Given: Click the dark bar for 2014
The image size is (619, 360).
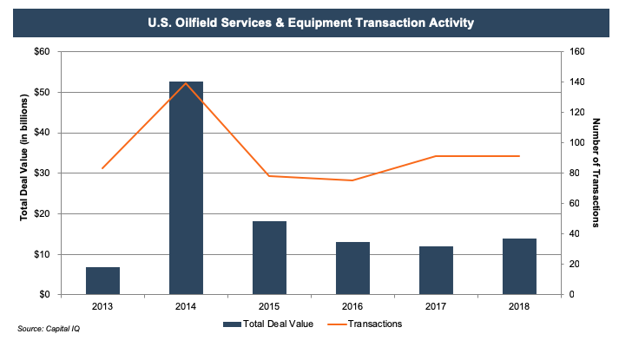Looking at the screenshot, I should [x=186, y=188].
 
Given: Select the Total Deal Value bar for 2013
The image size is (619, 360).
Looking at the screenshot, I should [x=102, y=281].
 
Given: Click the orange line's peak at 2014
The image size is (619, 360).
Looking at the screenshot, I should [x=186, y=83].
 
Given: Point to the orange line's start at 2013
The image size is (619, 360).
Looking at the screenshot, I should [x=102, y=168].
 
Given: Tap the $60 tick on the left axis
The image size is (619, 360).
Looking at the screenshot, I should [x=41, y=52].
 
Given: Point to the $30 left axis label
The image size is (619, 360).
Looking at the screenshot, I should [x=41, y=173].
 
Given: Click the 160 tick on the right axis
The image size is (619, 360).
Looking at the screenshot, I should [x=577, y=52].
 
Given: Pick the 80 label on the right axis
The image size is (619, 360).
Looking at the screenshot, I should [x=575, y=173].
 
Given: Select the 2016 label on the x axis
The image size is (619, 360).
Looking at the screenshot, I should [x=352, y=306].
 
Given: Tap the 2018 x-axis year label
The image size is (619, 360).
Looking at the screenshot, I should [x=519, y=306].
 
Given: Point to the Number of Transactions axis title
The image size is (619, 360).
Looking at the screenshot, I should [x=598, y=173].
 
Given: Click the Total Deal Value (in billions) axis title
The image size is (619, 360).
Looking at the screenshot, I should [x=23, y=173].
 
